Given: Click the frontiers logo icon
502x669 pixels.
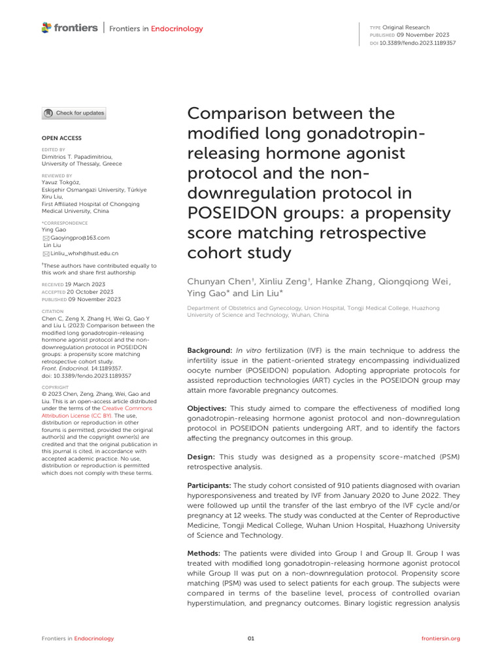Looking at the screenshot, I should point(45,27).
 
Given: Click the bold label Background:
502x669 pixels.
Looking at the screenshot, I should point(210,351).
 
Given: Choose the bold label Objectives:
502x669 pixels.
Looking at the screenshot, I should point(209,408).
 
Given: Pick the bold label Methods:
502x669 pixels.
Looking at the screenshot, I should point(206,553).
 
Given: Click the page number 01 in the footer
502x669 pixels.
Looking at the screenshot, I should point(251,638).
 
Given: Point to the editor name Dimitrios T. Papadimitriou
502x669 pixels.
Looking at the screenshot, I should point(78,157).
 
